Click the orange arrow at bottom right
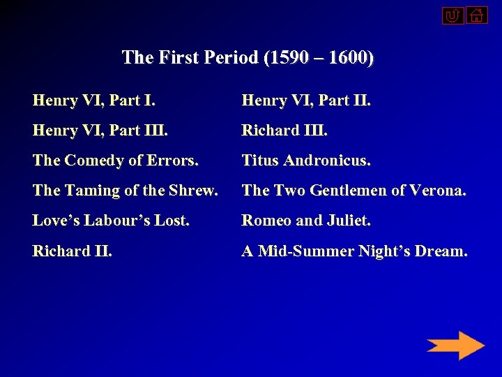coord(455,346)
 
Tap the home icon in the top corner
coord(477,15)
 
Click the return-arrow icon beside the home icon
coord(452,15)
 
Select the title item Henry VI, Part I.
coord(94,101)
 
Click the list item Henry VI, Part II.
coord(306,101)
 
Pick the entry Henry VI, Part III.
coord(100,131)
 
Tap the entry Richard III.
coord(284,131)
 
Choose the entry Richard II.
coord(73,251)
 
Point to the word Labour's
coord(110,221)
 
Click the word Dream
coord(441,251)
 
